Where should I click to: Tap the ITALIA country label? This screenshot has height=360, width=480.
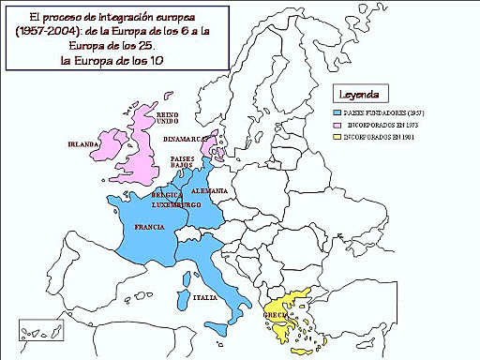pos(205,297)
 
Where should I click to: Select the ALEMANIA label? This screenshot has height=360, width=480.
pos(211,190)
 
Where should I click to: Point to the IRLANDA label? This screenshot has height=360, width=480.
pos(83,145)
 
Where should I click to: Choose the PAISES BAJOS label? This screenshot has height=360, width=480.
pos(183,162)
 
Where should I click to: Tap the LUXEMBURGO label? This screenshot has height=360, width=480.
pos(176,204)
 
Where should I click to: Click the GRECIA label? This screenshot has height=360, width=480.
pos(279,315)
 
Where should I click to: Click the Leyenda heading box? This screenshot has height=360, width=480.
pos(358,95)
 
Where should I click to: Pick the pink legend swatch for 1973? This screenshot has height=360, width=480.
pos(339,124)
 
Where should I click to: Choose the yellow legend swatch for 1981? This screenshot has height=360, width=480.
pos(339,137)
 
